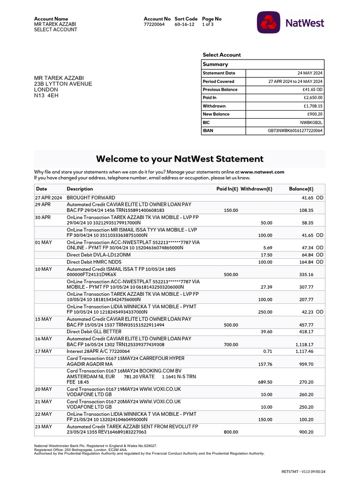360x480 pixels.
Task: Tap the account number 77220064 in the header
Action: pyautogui.click(x=154, y=24)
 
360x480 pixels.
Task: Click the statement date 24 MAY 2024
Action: pyautogui.click(x=310, y=73)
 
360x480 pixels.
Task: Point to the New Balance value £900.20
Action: pyautogui.click(x=315, y=114)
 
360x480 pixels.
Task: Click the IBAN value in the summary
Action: pyautogui.click(x=295, y=131)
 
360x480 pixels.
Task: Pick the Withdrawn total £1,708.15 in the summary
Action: pyautogui.click(x=313, y=106)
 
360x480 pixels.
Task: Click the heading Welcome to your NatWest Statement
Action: pyautogui.click(x=180, y=159)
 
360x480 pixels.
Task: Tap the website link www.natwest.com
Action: pyautogui.click(x=262, y=172)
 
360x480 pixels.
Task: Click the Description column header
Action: pyautogui.click(x=80, y=189)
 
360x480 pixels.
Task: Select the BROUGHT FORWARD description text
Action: pyautogui.click(x=91, y=198)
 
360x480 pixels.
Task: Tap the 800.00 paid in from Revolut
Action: pyautogui.click(x=231, y=432)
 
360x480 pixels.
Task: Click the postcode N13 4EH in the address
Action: pyautogui.click(x=46, y=96)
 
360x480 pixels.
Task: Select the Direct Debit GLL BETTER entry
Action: pyautogui.click(x=94, y=331)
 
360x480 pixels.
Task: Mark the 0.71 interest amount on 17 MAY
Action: pyautogui.click(x=268, y=351)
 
